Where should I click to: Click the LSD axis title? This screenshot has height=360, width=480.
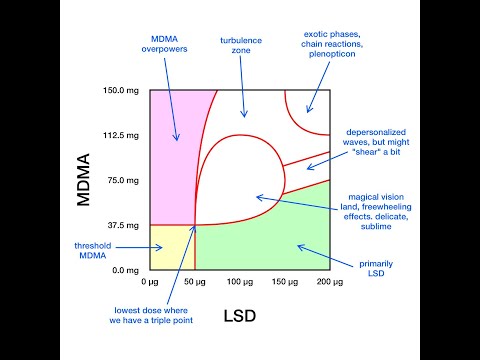(x=240, y=316)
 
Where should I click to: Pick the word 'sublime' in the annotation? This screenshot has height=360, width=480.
(x=376, y=226)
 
